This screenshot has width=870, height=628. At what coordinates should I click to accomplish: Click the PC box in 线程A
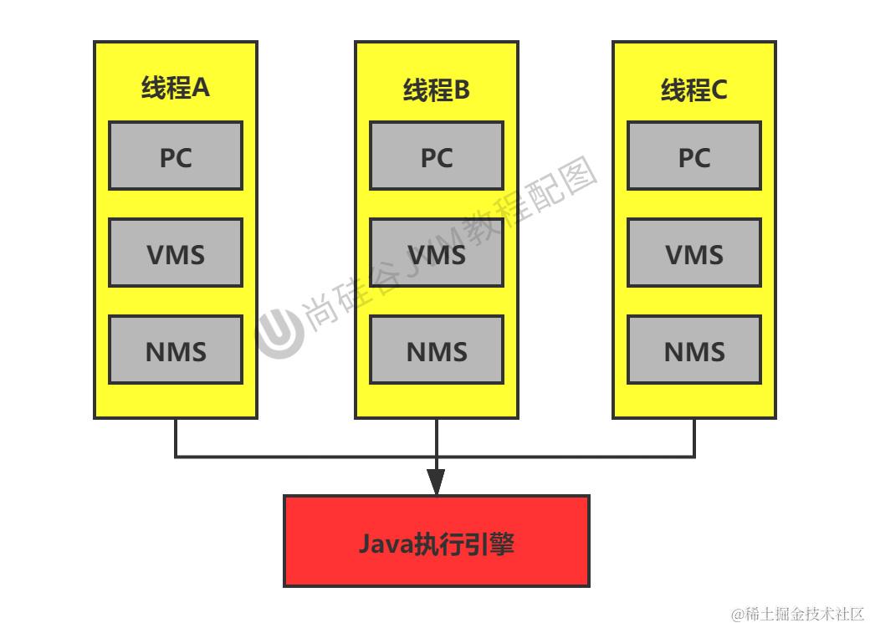pyautogui.click(x=176, y=156)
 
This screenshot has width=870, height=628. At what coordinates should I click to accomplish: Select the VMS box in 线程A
pyautogui.click(x=176, y=253)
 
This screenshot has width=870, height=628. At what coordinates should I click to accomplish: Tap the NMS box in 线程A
pyautogui.click(x=176, y=350)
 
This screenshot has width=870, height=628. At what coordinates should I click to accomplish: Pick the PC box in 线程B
pyautogui.click(x=437, y=156)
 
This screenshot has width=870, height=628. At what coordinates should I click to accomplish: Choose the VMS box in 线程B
pyautogui.click(x=437, y=253)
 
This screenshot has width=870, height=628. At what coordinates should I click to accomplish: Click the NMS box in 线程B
pyautogui.click(x=437, y=350)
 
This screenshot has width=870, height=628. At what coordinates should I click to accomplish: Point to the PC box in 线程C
pyautogui.click(x=694, y=156)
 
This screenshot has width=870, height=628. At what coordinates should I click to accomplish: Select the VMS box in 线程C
pyautogui.click(x=694, y=253)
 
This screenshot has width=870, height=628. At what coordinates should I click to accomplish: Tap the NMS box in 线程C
pyautogui.click(x=694, y=350)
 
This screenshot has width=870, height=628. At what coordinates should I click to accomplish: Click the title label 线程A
pyautogui.click(x=176, y=88)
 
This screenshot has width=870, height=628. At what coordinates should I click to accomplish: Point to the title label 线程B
pyautogui.click(x=437, y=89)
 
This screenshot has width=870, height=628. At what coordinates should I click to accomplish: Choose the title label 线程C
pyautogui.click(x=694, y=89)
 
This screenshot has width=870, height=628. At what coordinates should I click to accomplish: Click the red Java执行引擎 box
pyautogui.click(x=437, y=541)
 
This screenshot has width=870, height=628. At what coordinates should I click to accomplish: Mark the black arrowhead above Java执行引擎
pyautogui.click(x=436, y=482)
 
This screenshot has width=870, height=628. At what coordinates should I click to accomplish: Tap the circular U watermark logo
pyautogui.click(x=280, y=332)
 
